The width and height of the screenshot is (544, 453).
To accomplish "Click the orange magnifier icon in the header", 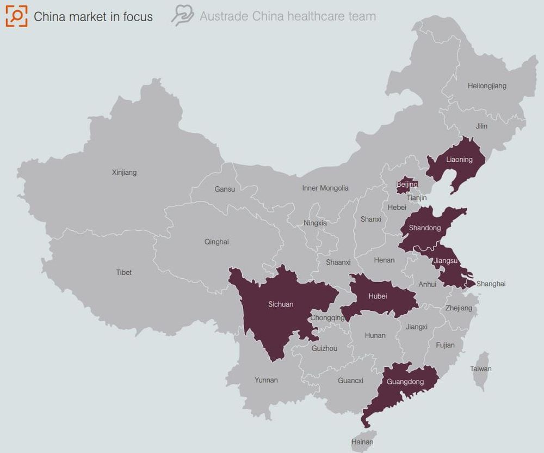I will point(16,16).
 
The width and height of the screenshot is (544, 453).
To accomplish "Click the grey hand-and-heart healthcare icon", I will point(182,16).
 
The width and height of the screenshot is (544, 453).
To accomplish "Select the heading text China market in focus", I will point(93,17).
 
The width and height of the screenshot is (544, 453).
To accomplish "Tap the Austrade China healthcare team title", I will point(287,16).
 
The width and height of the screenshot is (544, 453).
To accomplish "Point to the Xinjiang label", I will point(124,173).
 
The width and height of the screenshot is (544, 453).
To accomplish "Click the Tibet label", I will point(123,272).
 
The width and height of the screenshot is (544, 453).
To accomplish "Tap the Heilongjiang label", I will point(487,85).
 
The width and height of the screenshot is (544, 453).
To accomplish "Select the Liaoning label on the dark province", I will point(459,160).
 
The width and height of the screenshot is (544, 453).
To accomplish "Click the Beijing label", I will point(407,185).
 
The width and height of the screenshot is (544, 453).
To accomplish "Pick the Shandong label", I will point(424,228).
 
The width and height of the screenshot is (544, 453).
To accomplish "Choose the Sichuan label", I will point(281,304).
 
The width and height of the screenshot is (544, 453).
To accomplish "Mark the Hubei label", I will point(378,296).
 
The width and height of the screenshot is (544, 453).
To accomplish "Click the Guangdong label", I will point(405,382).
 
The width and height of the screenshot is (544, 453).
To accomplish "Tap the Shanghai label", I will point(491,284).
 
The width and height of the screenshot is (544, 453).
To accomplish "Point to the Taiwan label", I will point(480,369).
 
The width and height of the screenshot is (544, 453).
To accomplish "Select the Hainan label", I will point(362,442).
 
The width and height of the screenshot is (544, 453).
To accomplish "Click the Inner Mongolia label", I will point(325,188).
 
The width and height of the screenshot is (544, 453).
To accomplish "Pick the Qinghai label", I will point(217,242).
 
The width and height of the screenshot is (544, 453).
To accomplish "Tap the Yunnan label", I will point(266,380).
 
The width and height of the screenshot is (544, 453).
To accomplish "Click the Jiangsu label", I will point(446,261).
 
